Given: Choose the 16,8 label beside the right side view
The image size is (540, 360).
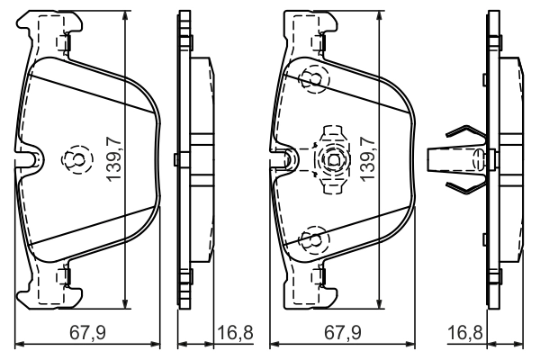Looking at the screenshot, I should tap(465, 333).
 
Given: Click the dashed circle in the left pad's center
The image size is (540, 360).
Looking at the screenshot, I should tap(73, 160).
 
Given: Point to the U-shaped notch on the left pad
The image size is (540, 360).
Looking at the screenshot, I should tap(33, 160).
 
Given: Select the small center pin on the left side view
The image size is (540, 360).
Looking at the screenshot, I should tap(176, 160).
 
